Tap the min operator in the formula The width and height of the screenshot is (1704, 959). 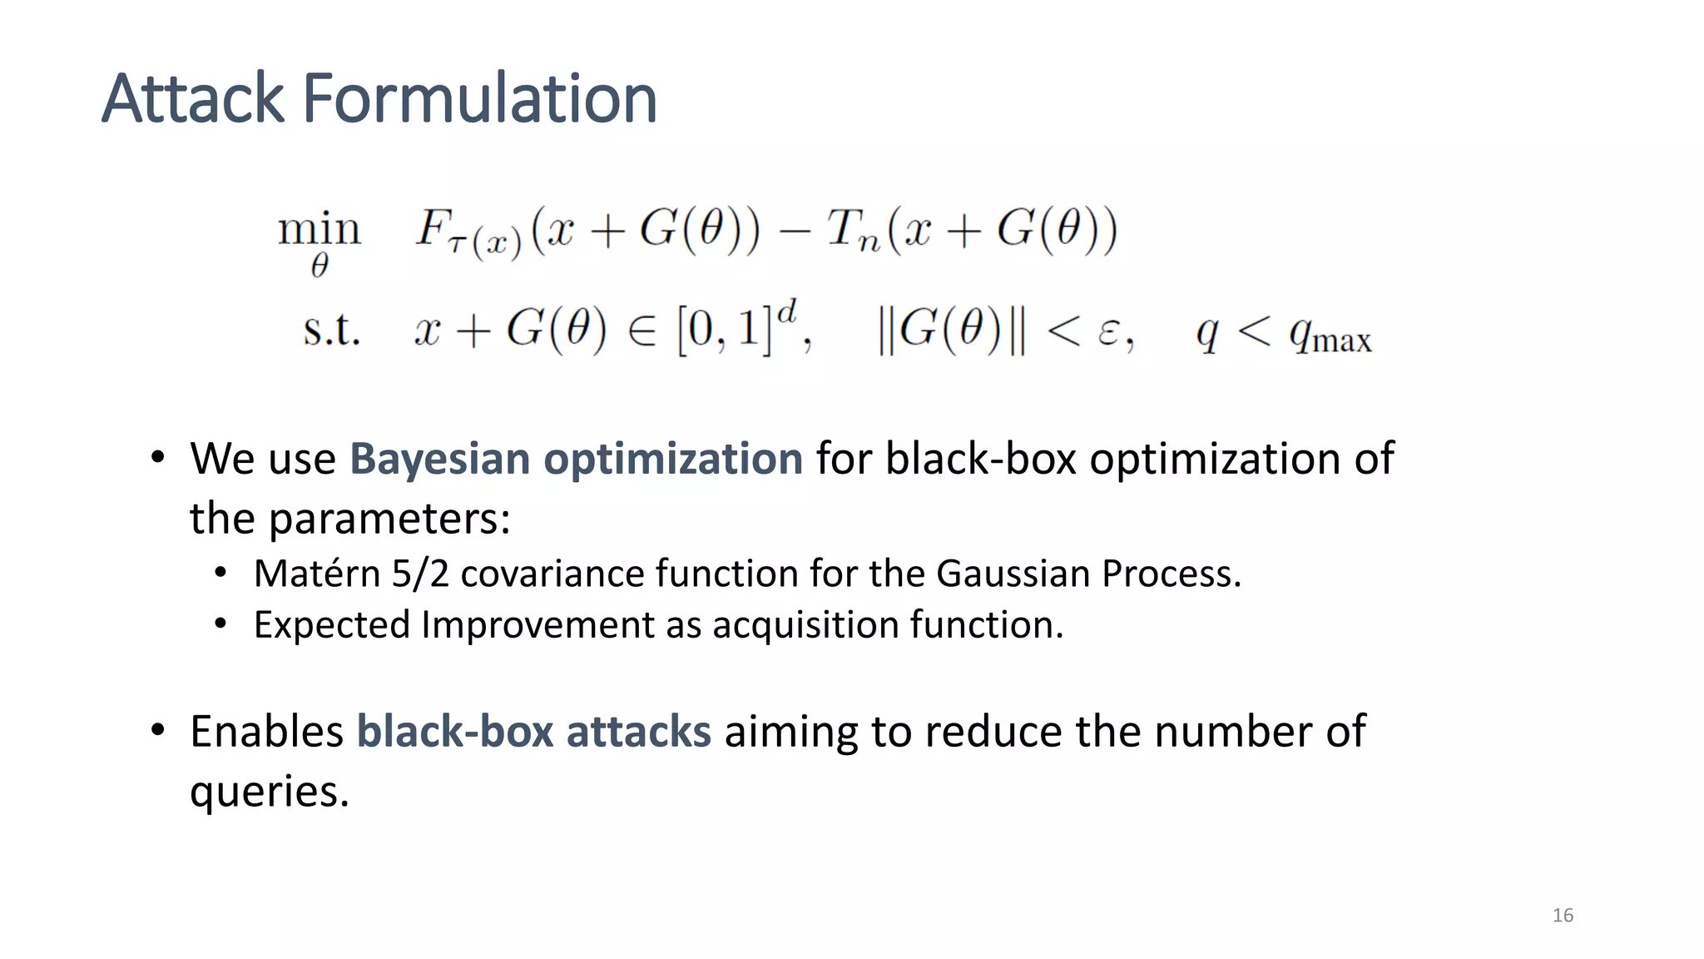tap(319, 228)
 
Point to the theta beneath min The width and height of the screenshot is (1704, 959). tap(319, 266)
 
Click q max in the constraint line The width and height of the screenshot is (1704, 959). tap(1330, 335)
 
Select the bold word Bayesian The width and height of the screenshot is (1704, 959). tap(439, 459)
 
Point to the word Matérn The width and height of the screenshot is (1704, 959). tap(317, 574)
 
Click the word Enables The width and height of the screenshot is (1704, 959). tap(267, 732)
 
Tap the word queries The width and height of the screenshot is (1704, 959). tap(268, 792)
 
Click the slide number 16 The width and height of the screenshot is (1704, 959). tap(1563, 916)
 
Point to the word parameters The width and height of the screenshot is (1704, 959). tap(389, 519)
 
